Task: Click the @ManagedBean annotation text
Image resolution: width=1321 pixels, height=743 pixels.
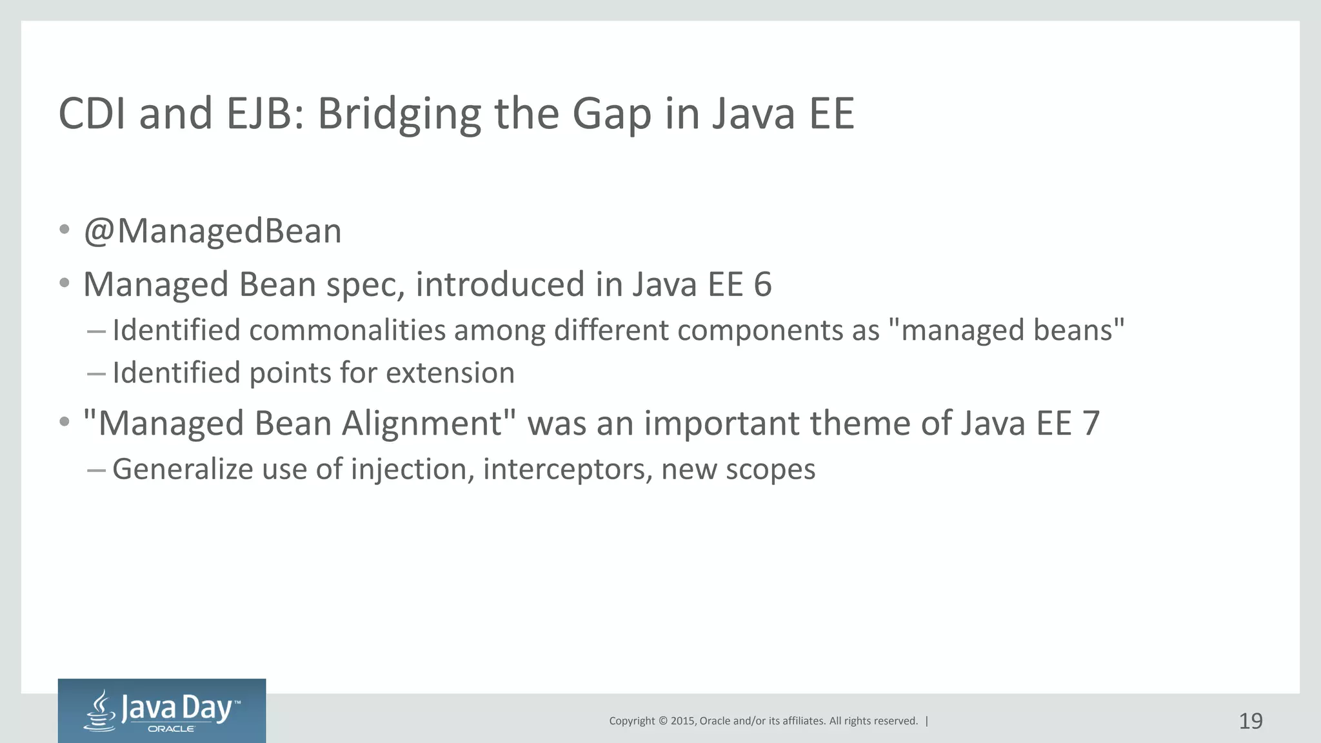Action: [x=212, y=231]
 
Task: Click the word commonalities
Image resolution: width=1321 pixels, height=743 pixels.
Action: [x=348, y=330]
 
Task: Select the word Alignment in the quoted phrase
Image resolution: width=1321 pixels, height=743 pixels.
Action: [x=422, y=424]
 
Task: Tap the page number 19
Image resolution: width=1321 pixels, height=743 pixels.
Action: [x=1251, y=720]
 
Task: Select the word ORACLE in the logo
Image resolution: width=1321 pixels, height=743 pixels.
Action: [x=171, y=729]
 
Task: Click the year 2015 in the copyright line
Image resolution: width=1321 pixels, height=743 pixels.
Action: [x=682, y=721]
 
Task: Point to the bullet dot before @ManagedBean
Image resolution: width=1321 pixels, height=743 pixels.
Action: [x=64, y=230]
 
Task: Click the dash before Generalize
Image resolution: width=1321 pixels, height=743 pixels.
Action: [x=96, y=470]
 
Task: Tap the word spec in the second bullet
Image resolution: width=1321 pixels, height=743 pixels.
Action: [x=365, y=286]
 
